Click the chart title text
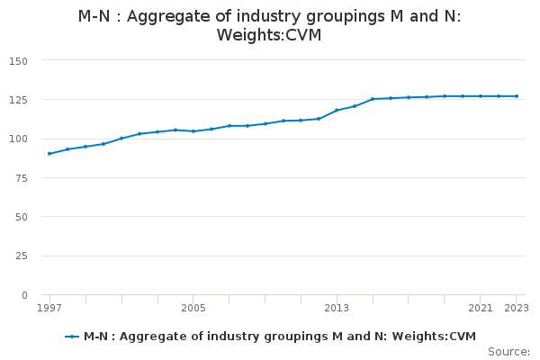[270, 26]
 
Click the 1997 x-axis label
[49, 308]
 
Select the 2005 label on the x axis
[193, 308]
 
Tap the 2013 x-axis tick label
[337, 308]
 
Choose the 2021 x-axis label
[481, 308]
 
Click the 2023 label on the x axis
[516, 308]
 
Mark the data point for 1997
[49, 154]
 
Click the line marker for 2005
[193, 131]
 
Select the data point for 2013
[337, 111]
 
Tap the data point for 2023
[517, 96]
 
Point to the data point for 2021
[481, 96]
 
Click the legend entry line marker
[73, 337]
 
